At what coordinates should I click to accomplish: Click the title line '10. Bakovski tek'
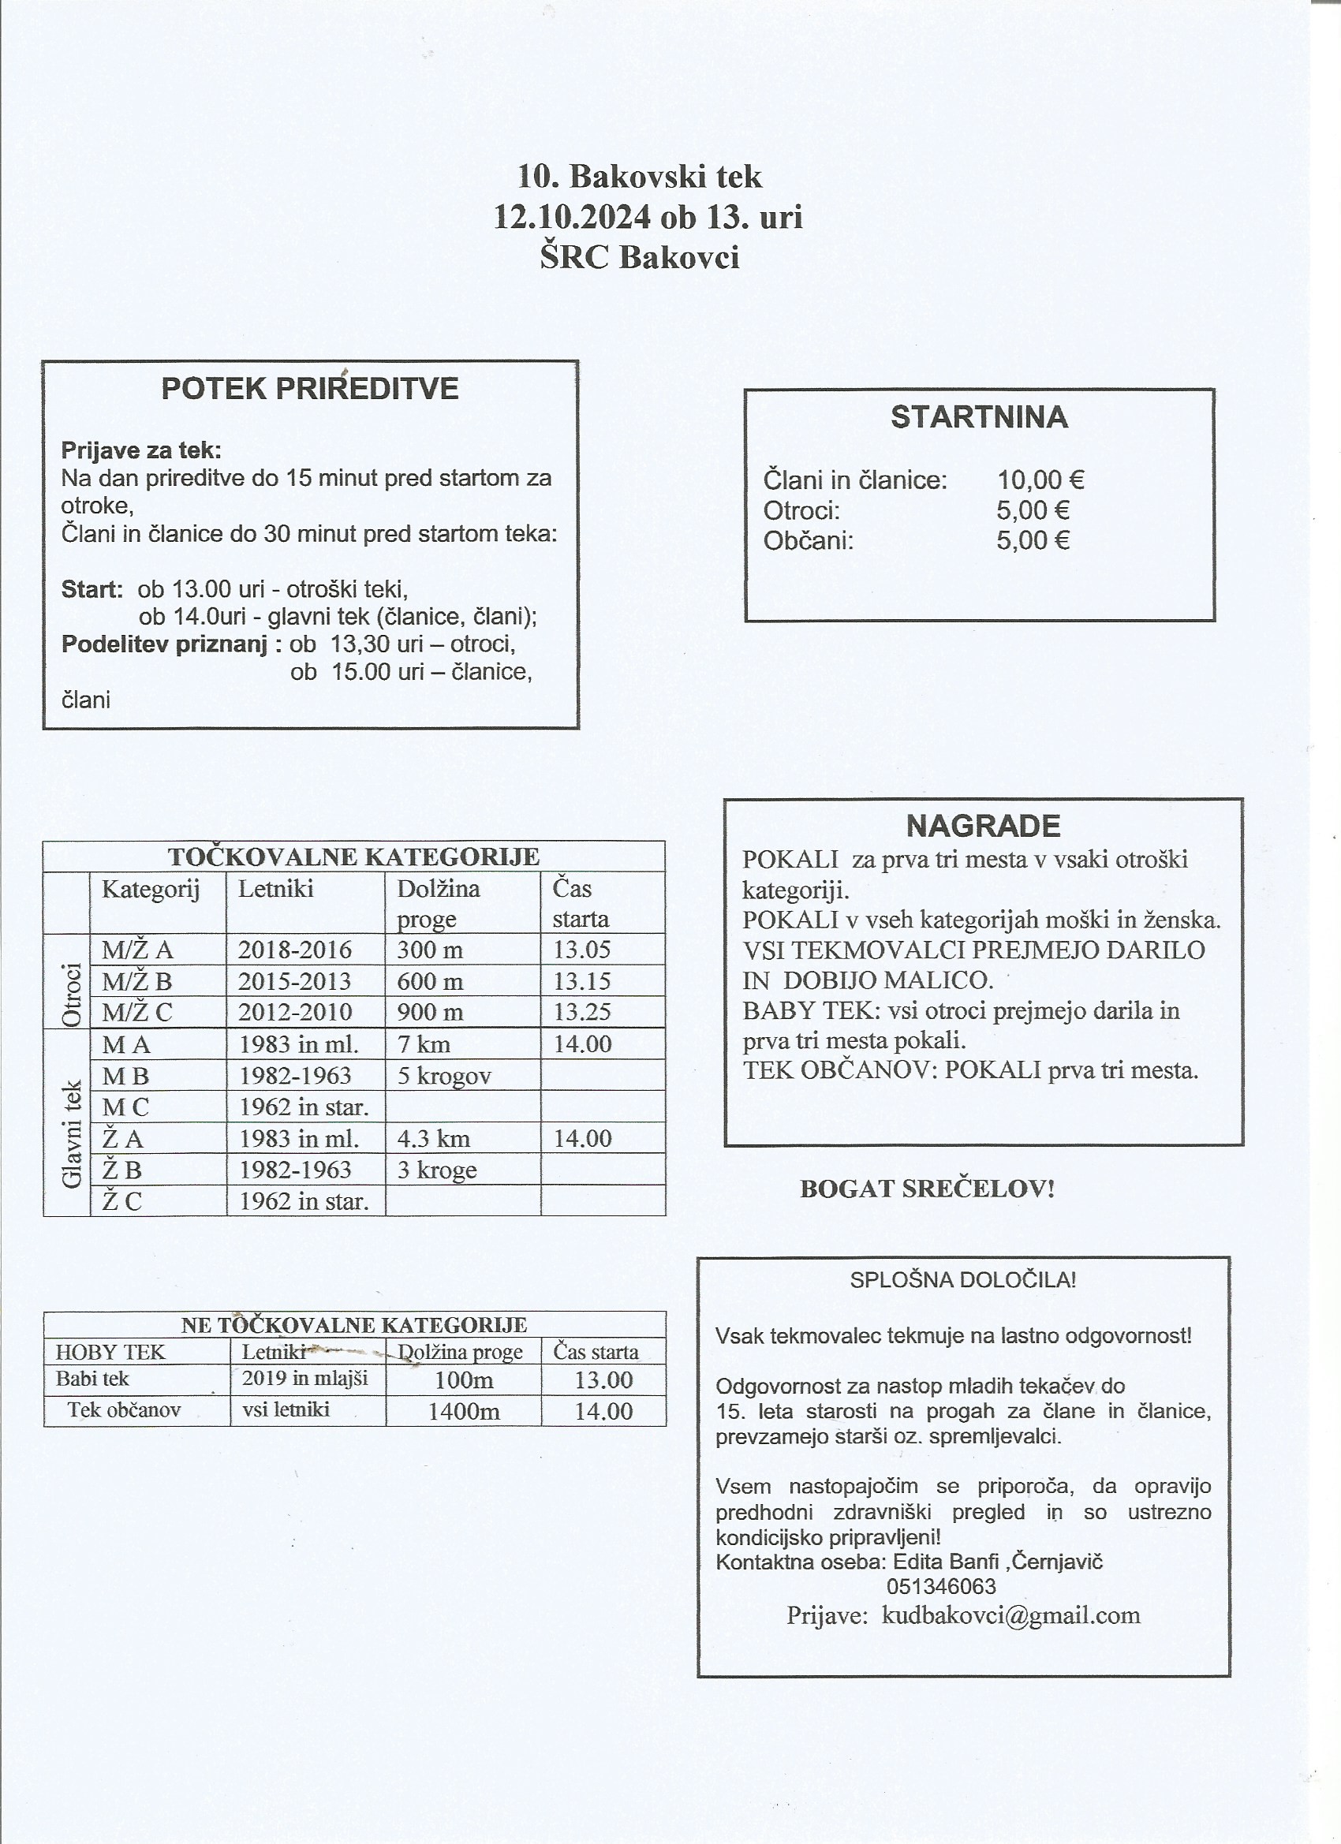click(x=640, y=177)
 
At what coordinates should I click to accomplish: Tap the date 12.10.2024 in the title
click(x=573, y=217)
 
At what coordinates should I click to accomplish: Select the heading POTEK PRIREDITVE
click(x=310, y=389)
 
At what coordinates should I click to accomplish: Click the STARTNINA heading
click(x=979, y=417)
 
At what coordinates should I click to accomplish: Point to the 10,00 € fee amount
click(x=1040, y=480)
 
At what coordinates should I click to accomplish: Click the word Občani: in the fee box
click(x=809, y=539)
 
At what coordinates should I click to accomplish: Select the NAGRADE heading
click(x=983, y=825)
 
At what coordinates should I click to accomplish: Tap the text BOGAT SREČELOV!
click(x=927, y=1189)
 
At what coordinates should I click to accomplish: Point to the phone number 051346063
click(x=941, y=1586)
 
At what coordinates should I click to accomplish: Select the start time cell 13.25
click(x=581, y=1012)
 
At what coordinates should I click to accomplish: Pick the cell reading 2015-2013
click(x=294, y=981)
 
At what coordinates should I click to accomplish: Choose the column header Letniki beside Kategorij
click(x=275, y=888)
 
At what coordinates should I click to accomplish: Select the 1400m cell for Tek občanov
click(x=464, y=1411)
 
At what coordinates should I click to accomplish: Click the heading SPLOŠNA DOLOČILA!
click(x=963, y=1280)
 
